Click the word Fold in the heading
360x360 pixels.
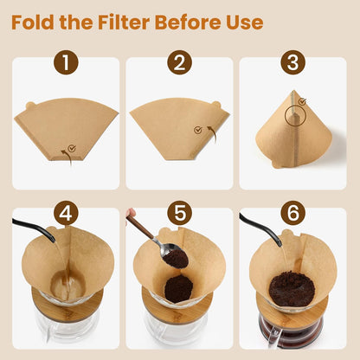pos(35,21)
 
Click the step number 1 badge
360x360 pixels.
pos(67,61)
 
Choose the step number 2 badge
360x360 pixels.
pos(180,61)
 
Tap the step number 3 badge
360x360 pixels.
pos(292,61)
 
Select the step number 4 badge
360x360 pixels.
pos(67,213)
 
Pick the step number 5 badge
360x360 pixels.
pos(180,213)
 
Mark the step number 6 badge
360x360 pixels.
pos(292,213)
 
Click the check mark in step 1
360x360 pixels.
pos(72,148)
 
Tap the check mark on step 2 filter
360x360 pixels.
pos(198,131)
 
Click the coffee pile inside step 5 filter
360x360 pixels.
pos(178,289)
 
